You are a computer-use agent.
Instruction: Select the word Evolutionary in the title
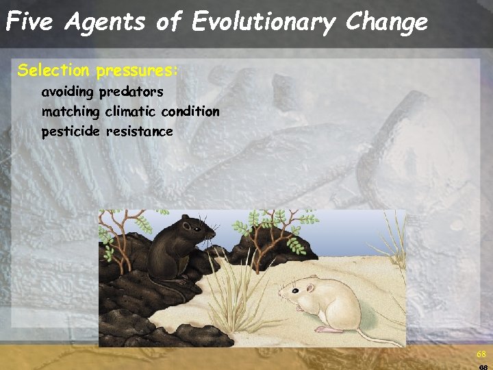click(x=263, y=23)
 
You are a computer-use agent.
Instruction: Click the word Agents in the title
click(x=105, y=23)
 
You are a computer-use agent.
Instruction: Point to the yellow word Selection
click(x=53, y=70)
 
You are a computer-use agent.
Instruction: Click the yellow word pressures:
click(x=137, y=71)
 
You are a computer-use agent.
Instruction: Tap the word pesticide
click(x=71, y=131)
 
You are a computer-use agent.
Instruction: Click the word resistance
click(x=139, y=131)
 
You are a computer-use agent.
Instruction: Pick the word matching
click(x=71, y=111)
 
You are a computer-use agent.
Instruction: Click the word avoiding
click(x=68, y=91)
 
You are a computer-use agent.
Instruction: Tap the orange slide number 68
click(x=481, y=354)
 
